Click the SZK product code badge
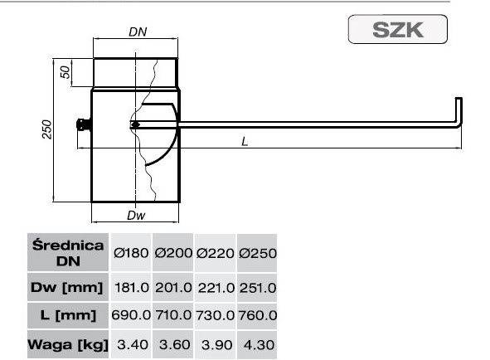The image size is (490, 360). [398, 31]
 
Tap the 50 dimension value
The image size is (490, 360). [65, 72]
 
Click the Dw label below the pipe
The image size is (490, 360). [137, 216]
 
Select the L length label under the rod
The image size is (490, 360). [245, 140]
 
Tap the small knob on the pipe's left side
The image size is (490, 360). [82, 125]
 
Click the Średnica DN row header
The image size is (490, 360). [68, 253]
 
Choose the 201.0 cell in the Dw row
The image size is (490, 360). [173, 287]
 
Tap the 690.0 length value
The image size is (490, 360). [131, 315]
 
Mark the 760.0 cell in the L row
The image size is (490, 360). [257, 315]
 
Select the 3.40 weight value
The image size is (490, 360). [131, 344]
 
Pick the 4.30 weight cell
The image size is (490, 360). [257, 344]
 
